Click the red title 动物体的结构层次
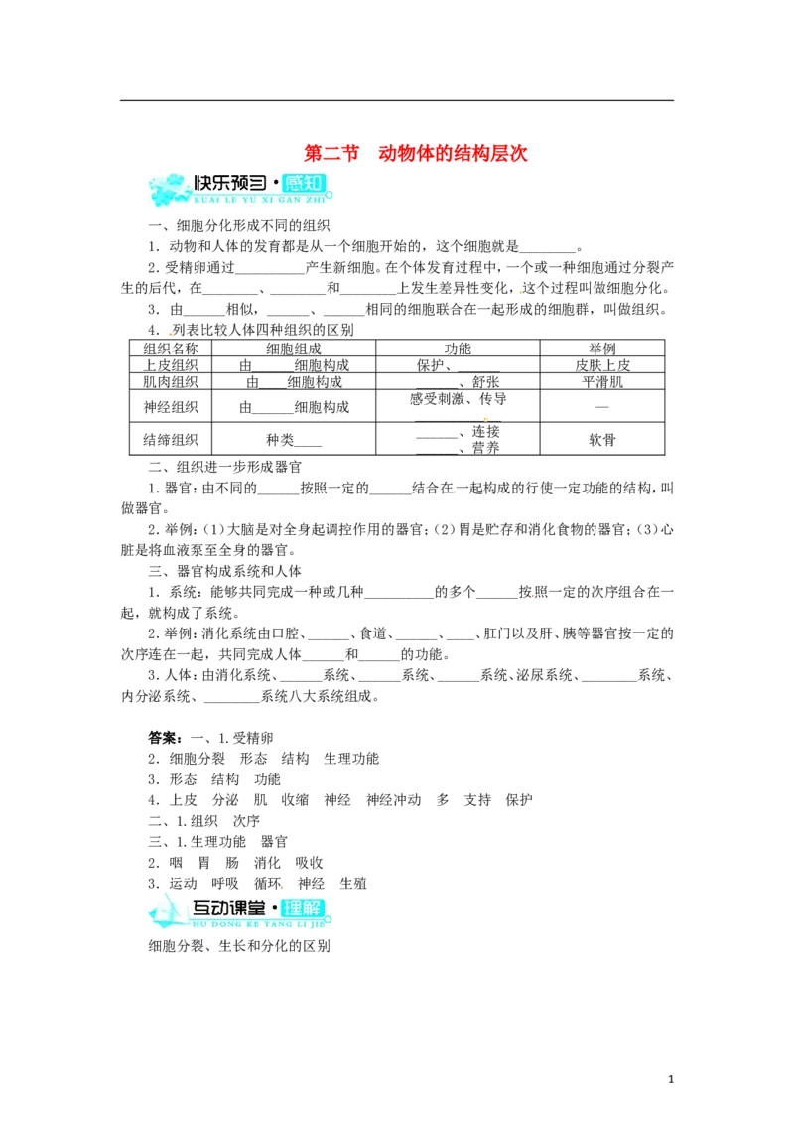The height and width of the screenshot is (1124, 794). pos(453,153)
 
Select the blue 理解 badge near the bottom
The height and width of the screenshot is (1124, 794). pos(303,909)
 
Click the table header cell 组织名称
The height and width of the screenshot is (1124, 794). pos(171,349)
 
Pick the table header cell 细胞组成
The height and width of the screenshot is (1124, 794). pos(294,349)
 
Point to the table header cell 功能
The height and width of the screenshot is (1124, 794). pos(458,349)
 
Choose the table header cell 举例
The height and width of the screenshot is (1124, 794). pos(601,349)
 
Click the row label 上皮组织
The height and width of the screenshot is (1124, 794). pos(171,364)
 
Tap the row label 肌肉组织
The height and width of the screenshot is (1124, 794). pos(171,382)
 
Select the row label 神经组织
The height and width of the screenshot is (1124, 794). pos(171,407)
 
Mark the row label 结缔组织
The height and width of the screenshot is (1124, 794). pos(171,440)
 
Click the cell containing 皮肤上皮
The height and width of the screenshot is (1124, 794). pos(601,364)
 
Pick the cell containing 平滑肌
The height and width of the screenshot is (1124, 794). pos(601,382)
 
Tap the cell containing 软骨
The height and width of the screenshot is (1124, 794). pos(601,440)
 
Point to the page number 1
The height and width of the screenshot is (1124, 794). pos(671,1079)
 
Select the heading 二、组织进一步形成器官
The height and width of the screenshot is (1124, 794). pos(225,467)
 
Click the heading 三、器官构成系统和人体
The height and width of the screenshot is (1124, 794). pos(225,571)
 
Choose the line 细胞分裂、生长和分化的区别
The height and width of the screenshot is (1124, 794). pos(239,946)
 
